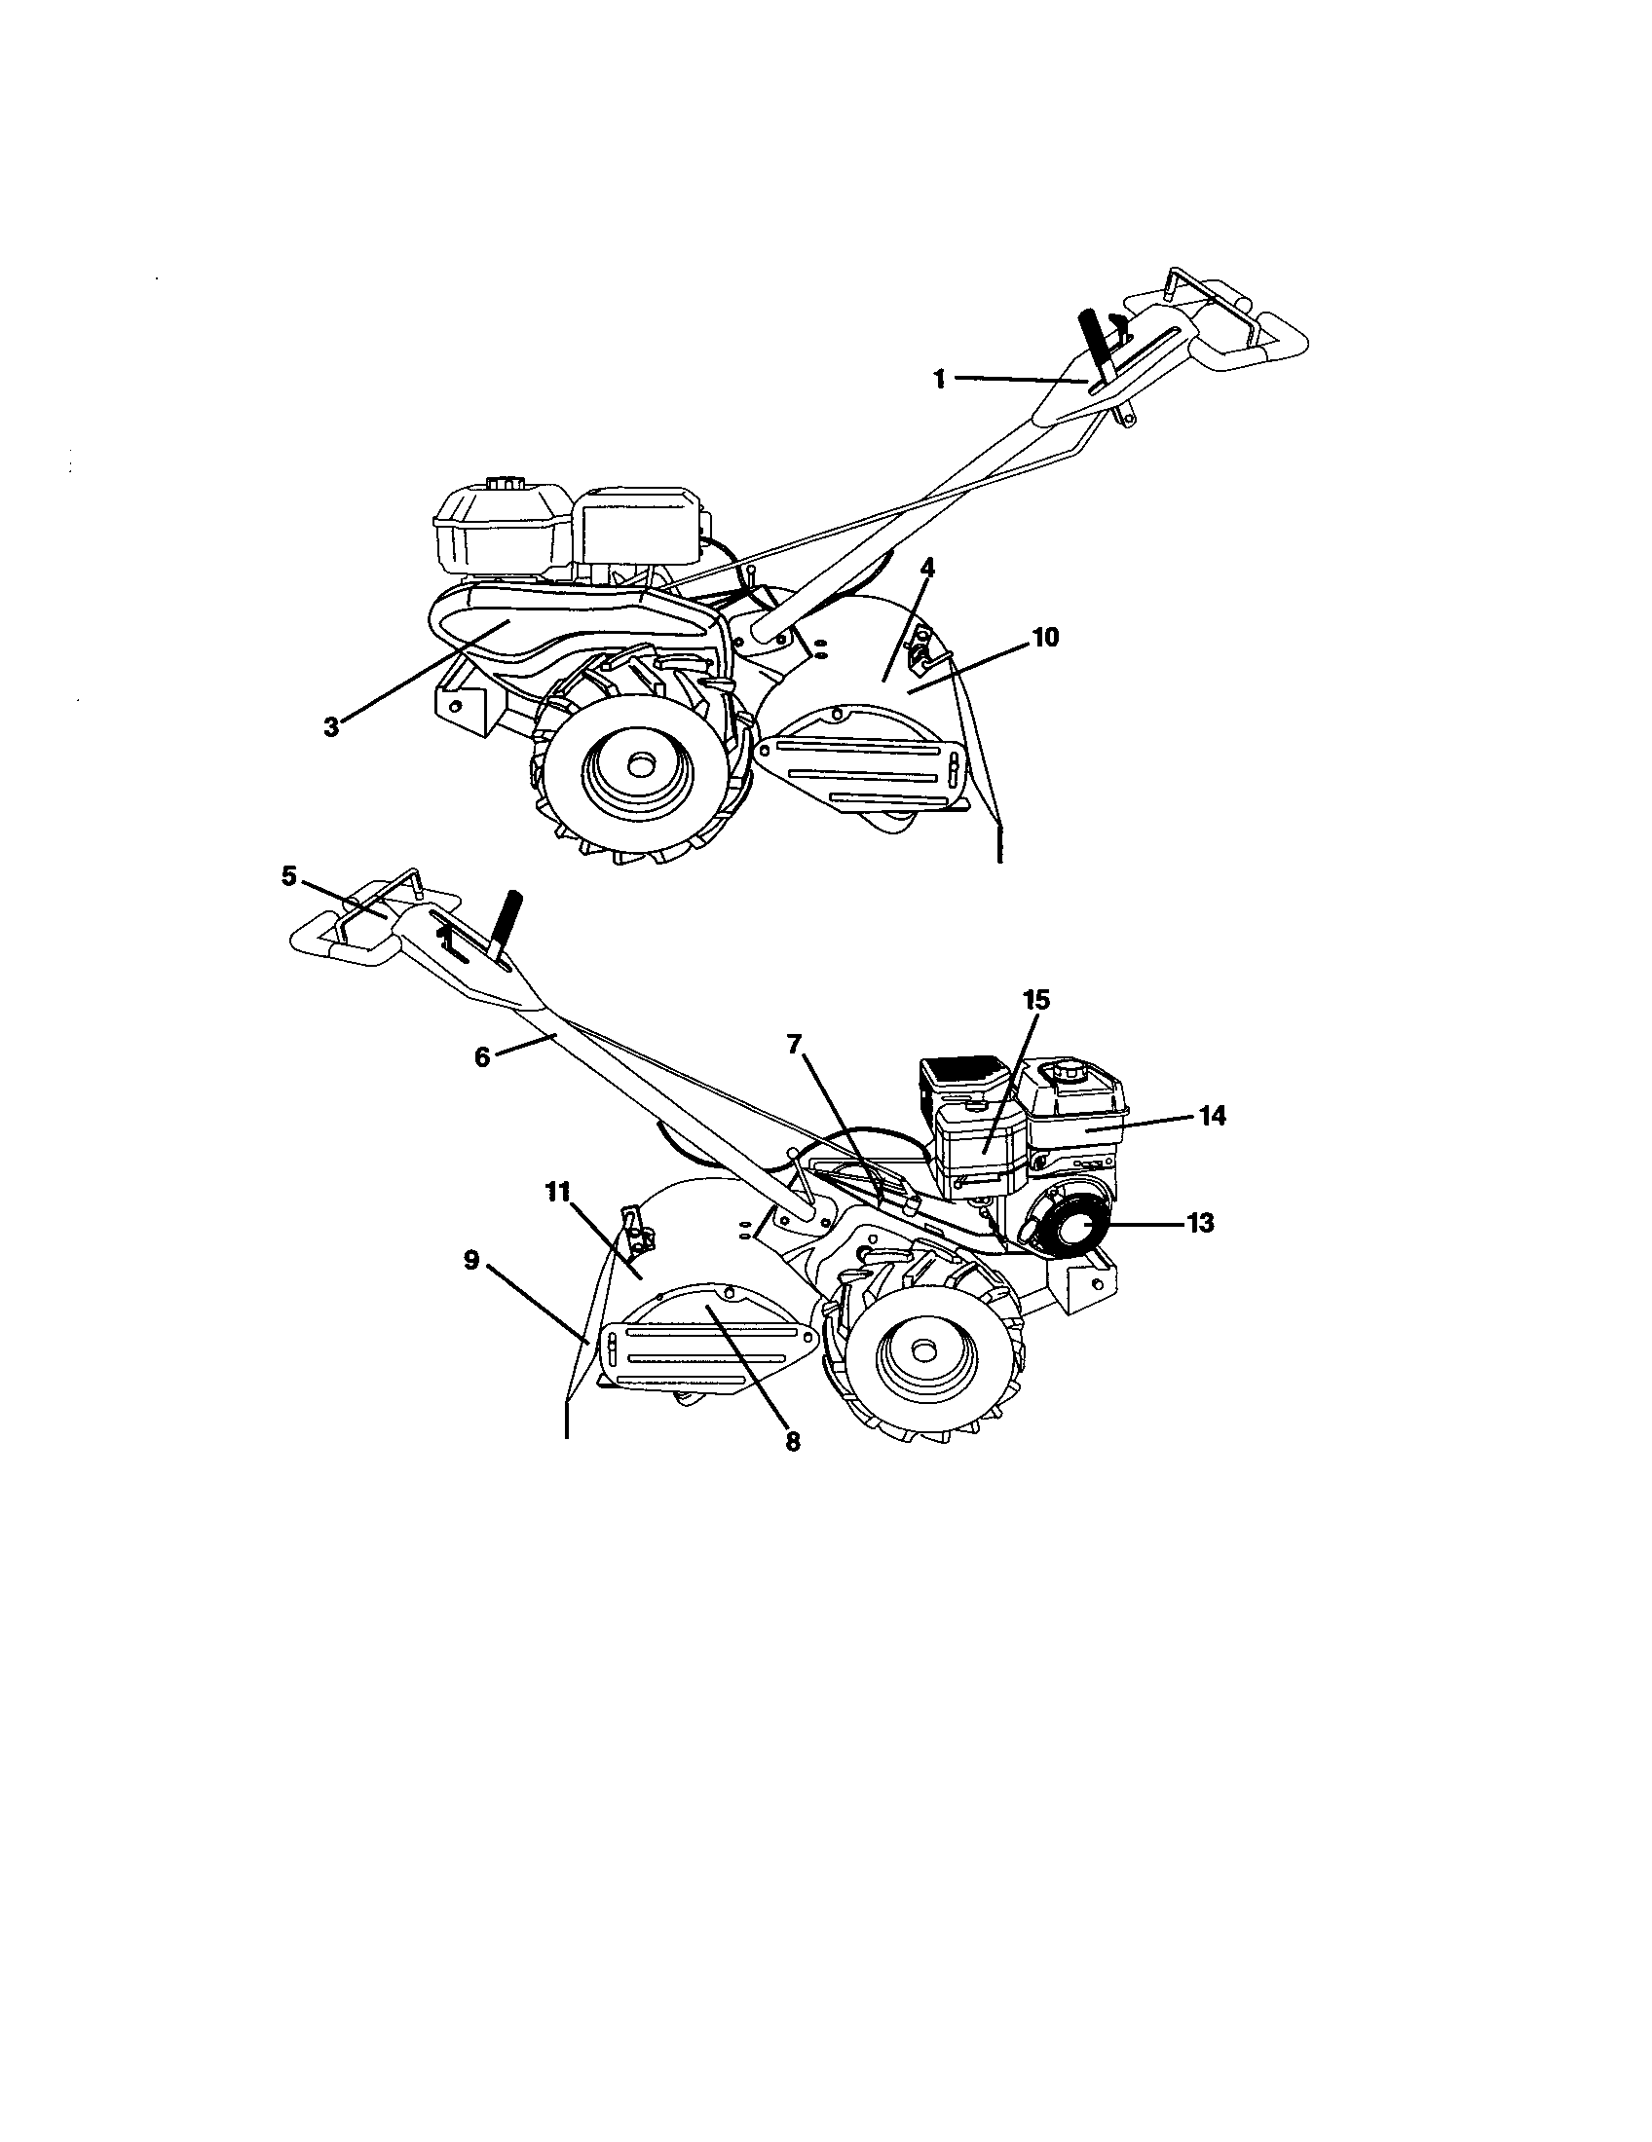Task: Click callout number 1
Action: pos(939,379)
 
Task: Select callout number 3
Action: pos(331,726)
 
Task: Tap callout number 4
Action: pos(927,567)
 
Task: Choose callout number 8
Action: pos(793,1441)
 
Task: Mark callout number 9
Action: pos(471,1260)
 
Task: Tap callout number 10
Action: pos(1045,637)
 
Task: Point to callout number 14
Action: pos(1212,1115)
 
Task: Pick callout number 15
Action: pos(1036,999)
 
